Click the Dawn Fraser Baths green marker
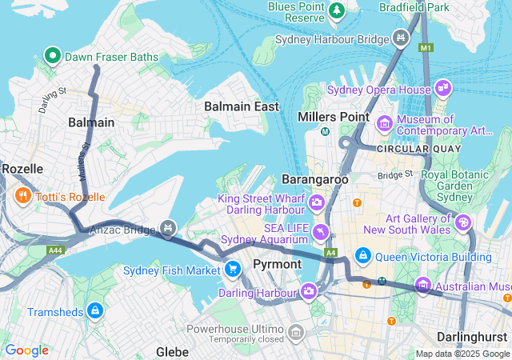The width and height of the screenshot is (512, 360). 53,56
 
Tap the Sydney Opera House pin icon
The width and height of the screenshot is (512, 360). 443,88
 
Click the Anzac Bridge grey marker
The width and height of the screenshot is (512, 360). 167,229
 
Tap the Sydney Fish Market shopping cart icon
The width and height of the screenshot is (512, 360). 233,269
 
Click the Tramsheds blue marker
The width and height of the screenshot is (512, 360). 95,310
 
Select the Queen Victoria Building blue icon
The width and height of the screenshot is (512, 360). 362,256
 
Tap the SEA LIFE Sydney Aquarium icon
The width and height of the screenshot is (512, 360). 322,232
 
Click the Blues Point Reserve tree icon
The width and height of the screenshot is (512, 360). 337,10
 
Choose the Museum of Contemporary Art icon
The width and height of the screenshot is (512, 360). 385,123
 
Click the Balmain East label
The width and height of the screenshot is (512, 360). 241,106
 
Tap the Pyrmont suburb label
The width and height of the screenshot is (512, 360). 277,264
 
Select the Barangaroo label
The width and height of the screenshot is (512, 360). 314,180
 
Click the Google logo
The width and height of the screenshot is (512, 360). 26,350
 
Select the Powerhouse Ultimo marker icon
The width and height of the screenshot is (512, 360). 296,330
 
